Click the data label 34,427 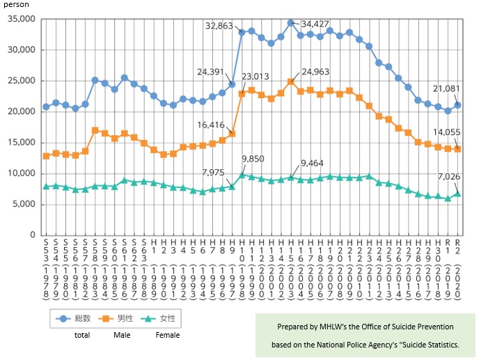click(x=314, y=24)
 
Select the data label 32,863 click(x=220, y=26)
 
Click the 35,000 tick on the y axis click(x=21, y=19)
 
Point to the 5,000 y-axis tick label click(x=23, y=204)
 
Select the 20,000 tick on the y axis click(x=21, y=111)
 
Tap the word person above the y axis click(x=14, y=4)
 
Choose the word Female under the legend click(x=167, y=335)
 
